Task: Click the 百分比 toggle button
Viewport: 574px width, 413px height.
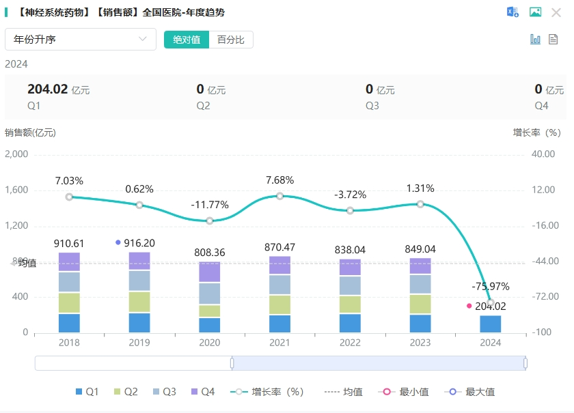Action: point(230,40)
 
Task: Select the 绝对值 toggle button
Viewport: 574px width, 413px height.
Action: point(187,40)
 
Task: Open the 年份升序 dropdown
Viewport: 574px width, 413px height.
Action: point(81,40)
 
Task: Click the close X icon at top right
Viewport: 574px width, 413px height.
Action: point(556,12)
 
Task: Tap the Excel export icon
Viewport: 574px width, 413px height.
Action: point(512,12)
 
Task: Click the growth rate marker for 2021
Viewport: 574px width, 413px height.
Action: point(279,196)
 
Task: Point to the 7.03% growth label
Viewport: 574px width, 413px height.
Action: point(69,181)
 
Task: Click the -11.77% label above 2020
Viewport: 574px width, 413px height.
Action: point(210,205)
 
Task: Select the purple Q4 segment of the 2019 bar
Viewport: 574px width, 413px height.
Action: point(139,261)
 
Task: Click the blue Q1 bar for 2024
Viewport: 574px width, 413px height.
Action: point(490,324)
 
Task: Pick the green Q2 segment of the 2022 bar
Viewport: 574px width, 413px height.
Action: point(350,304)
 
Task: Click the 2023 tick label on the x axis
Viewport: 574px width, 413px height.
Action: point(420,343)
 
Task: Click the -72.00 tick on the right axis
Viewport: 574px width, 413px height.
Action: point(544,297)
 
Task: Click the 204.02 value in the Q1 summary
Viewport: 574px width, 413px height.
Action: point(47,89)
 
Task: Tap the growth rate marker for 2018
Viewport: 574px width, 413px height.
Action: point(69,197)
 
